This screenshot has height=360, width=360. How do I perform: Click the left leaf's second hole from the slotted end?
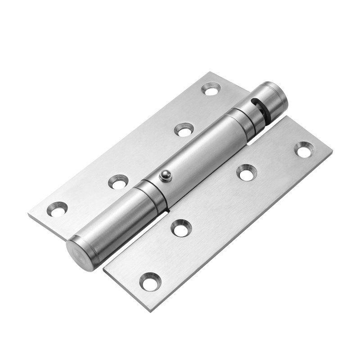(x=183, y=130)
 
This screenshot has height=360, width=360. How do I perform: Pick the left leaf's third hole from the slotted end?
(x=118, y=182)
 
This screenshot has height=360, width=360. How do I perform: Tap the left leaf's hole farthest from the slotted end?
(x=58, y=209)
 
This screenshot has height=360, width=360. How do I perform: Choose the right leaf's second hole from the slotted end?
(x=247, y=172)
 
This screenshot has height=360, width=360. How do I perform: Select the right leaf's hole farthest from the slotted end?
(x=150, y=281)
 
